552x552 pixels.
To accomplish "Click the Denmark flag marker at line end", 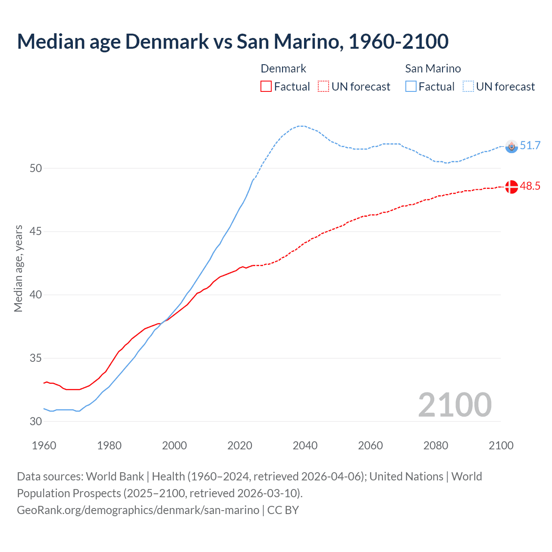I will point(511,187).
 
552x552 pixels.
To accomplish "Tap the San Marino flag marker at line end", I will point(511,147).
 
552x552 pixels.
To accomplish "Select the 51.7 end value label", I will point(530,145).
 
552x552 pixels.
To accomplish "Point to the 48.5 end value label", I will point(530,186).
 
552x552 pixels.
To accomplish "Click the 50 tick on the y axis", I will point(36,168).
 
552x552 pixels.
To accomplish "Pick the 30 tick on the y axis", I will point(36,421).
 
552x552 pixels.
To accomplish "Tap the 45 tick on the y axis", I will point(36,232).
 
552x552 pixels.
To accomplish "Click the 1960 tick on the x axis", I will point(44,445).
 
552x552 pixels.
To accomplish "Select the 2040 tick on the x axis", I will point(305,445).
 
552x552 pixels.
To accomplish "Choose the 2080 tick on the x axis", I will point(436,445).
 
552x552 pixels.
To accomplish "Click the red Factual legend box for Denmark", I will point(266,87).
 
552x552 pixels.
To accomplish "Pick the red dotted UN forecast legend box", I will point(323,87).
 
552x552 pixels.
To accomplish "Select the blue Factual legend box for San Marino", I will point(411,87).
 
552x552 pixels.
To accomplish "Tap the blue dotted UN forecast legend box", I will point(468,87).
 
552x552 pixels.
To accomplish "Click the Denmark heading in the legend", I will point(283,69).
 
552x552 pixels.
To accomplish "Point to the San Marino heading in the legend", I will point(433,69).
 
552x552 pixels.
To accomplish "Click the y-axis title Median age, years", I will point(18,268).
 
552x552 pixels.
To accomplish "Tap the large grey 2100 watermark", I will point(455,405).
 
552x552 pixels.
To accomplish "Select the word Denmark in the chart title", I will point(167,41).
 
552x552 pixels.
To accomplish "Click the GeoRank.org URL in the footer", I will point(138,510).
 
